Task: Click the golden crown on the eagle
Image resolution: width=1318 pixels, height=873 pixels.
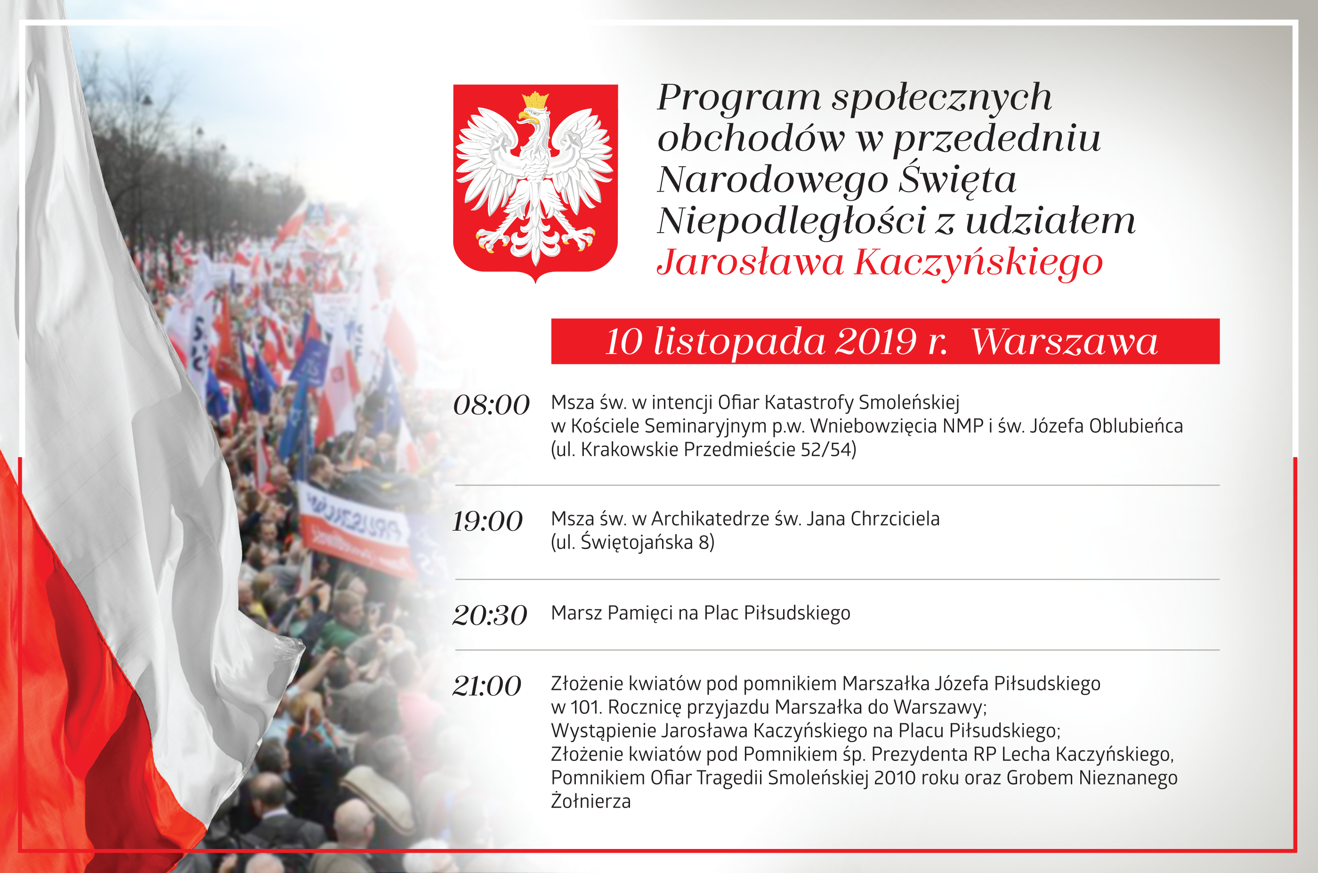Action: click(x=535, y=101)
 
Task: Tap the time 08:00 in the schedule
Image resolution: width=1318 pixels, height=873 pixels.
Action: click(x=491, y=405)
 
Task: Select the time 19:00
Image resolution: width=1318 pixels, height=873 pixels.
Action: click(x=488, y=521)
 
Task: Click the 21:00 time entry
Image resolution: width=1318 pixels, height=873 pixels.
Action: click(x=487, y=686)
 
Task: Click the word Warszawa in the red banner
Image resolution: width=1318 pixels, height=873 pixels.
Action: click(x=1064, y=341)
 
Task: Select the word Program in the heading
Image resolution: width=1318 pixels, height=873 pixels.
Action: click(x=739, y=98)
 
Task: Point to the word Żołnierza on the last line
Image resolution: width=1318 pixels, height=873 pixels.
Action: click(x=591, y=801)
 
